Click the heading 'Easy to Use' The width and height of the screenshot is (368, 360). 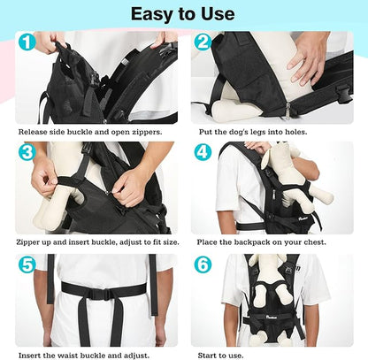pos(183,14)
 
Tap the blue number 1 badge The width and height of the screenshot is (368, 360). pos(27,42)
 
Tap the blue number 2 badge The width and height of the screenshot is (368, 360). pos(202,42)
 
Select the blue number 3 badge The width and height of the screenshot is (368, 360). pos(27,151)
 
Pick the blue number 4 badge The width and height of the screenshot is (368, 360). pos(202,151)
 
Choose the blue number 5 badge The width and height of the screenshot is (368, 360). pos(27,264)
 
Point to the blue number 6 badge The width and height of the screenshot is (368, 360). pos(202,264)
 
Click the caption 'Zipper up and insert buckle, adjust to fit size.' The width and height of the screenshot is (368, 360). pos(96,241)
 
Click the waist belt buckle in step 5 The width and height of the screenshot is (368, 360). pos(98,293)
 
